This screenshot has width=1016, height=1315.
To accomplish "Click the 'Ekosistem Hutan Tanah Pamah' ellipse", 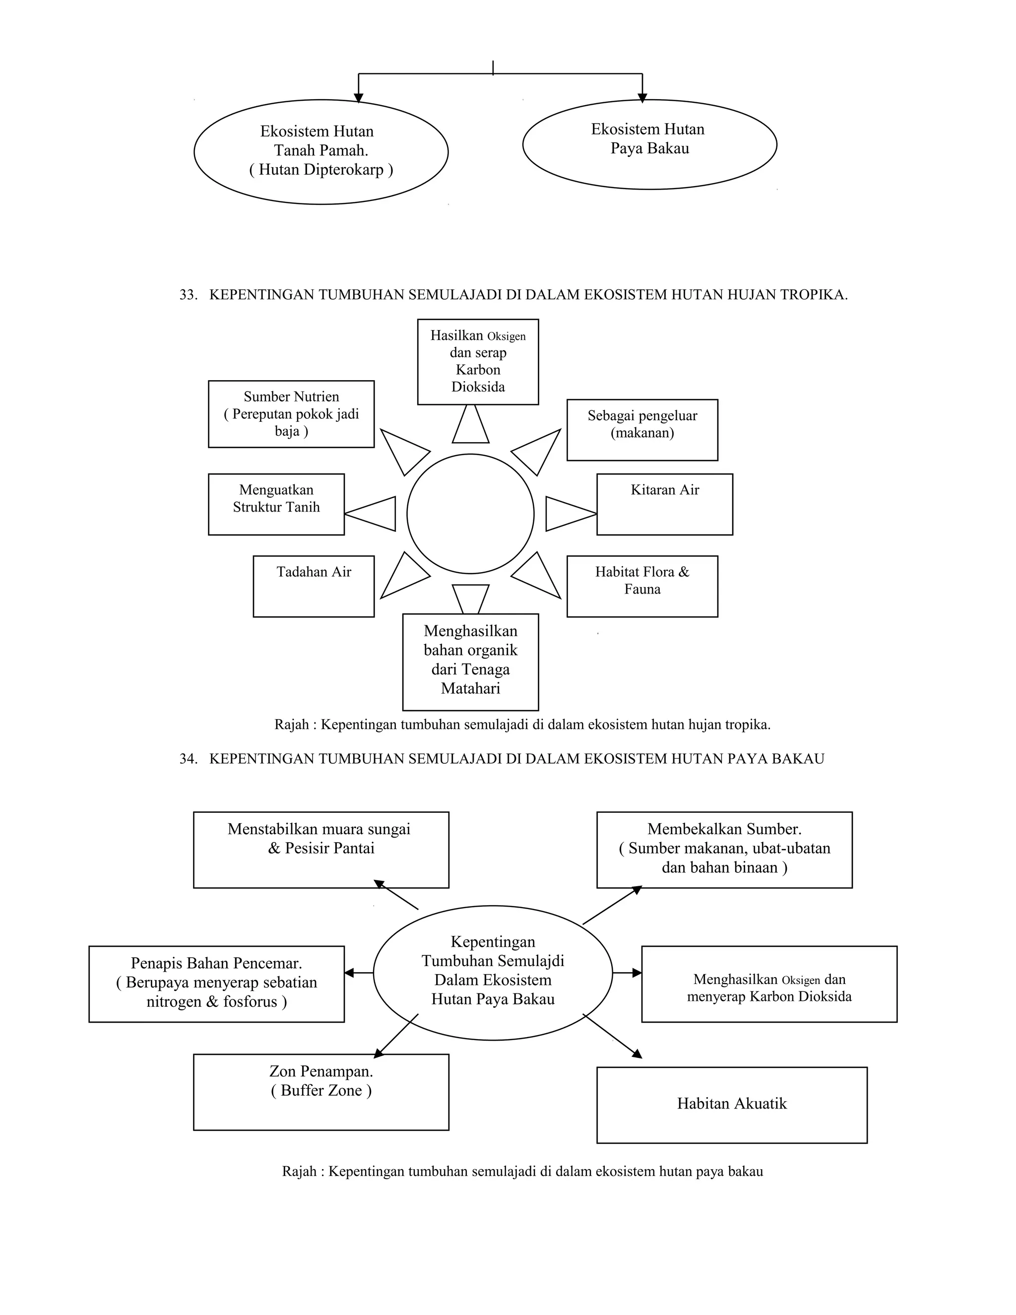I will [x=321, y=151].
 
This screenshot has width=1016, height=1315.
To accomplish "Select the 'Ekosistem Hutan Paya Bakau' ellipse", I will [x=649, y=144].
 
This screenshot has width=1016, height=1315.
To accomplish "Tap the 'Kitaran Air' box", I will [x=664, y=504].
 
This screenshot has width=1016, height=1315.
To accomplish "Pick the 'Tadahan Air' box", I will [x=314, y=586].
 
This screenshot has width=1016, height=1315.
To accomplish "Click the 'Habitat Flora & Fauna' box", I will [x=642, y=586].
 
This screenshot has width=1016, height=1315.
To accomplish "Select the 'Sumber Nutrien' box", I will [x=291, y=414].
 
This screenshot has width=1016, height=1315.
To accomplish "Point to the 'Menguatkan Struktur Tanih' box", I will [x=276, y=504].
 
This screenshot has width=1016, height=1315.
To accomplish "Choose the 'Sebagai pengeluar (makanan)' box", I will [x=642, y=430].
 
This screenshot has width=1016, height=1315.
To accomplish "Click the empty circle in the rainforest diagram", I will [x=470, y=514].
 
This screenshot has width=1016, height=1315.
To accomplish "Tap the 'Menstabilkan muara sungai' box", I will [x=321, y=850].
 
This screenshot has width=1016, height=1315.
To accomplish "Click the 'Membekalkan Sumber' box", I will [x=724, y=850].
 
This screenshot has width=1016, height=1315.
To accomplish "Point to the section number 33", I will [x=189, y=295].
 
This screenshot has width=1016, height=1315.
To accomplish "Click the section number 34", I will [x=189, y=759].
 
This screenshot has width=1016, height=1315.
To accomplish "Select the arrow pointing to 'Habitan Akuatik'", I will [x=613, y=1036].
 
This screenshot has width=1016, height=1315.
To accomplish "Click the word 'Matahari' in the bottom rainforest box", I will [x=470, y=688].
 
